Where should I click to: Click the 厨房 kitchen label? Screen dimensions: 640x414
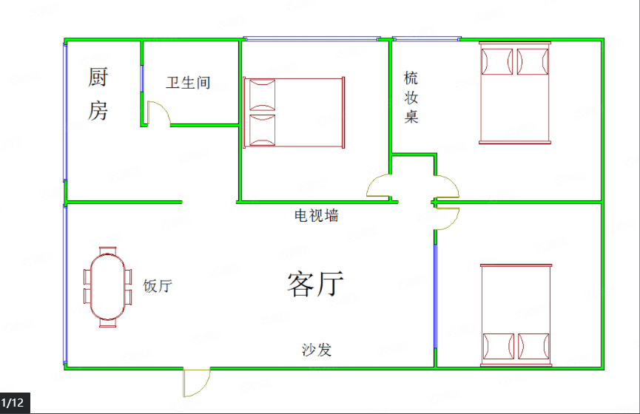point(98,94)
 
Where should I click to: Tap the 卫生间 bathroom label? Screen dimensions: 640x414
point(188,83)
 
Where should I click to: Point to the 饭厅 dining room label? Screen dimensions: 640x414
point(158,286)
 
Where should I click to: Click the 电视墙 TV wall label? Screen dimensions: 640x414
point(317,215)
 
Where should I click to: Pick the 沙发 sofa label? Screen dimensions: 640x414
point(317,350)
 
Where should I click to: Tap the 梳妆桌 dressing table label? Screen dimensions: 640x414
point(411,97)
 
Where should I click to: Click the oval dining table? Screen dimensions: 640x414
point(108,287)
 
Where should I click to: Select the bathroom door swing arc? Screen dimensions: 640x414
point(159,112)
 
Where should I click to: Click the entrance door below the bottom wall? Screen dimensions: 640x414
point(196,382)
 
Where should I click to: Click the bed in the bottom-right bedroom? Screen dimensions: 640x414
point(516,315)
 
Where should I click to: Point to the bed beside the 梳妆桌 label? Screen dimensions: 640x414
point(515,93)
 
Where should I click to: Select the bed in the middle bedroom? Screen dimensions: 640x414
point(294,112)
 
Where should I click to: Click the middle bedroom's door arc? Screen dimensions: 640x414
point(379,186)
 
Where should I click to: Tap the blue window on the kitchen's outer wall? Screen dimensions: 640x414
point(65,112)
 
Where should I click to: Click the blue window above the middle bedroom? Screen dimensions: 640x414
point(311,38)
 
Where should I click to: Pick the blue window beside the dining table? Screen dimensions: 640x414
point(65,285)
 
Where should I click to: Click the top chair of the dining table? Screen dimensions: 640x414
point(108,251)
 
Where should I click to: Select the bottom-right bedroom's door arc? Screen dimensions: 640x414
point(448,219)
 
